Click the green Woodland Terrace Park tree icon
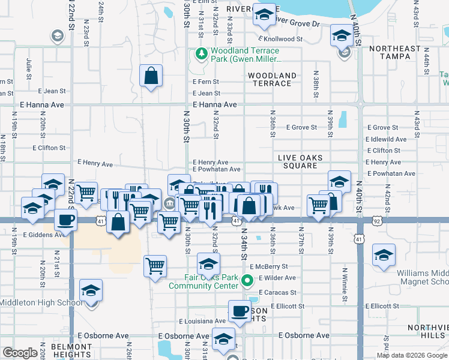[x=200, y=55]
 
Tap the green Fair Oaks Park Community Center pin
[x=246, y=281]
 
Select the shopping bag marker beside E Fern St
[x=151, y=76]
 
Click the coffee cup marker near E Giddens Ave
[x=65, y=220]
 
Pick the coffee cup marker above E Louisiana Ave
[x=240, y=311]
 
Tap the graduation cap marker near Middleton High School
[x=91, y=291]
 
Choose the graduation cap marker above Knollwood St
[x=341, y=36]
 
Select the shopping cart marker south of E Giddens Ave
[x=155, y=265]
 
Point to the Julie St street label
[x=29, y=68]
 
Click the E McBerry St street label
[x=268, y=266]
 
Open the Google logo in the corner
[x=20, y=353]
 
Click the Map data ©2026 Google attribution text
[x=411, y=355]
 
